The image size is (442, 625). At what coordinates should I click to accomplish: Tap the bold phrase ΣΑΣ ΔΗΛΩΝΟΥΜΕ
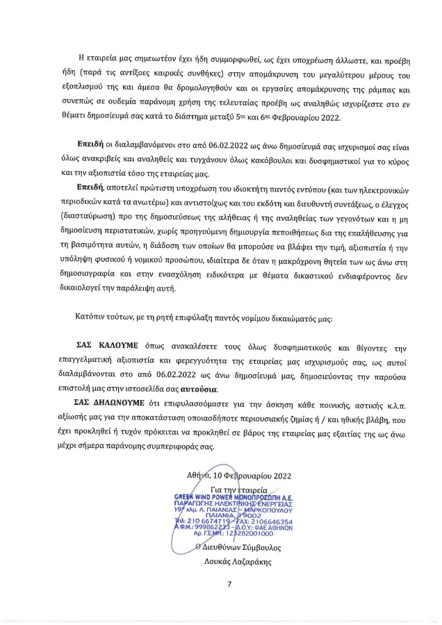point(110,402)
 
